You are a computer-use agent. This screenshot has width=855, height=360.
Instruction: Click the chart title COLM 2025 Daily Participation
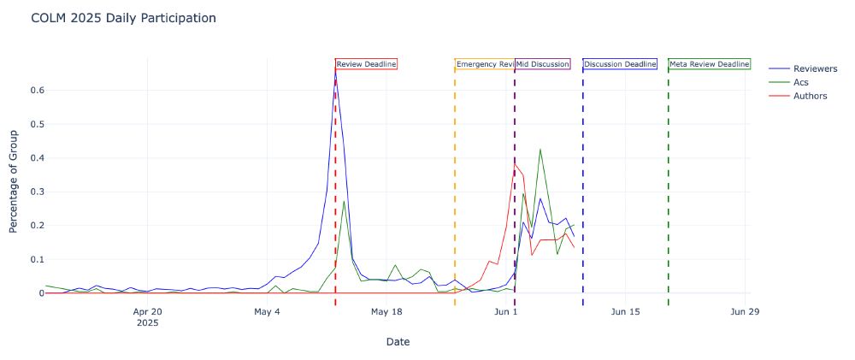tap(123, 18)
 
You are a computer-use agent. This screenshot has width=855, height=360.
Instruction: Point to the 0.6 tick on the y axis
tap(37, 90)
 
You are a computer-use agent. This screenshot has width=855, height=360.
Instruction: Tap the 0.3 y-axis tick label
tap(37, 192)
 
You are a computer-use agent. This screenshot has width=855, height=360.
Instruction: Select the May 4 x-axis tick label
tap(267, 312)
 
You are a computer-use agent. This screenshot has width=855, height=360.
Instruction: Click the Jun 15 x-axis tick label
tap(625, 312)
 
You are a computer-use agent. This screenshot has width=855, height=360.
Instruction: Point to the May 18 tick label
tap(386, 312)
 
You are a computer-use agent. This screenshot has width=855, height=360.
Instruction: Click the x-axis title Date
tap(398, 342)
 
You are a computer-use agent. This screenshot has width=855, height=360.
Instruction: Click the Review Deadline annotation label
tap(366, 64)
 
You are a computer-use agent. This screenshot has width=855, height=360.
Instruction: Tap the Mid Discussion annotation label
tap(542, 64)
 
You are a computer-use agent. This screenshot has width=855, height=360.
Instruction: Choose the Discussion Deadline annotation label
tap(620, 64)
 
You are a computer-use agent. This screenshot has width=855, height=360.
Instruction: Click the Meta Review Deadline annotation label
tap(709, 64)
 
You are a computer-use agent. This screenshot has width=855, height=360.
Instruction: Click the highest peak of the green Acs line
tap(540, 149)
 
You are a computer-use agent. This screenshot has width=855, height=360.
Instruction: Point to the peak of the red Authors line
tap(515, 163)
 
